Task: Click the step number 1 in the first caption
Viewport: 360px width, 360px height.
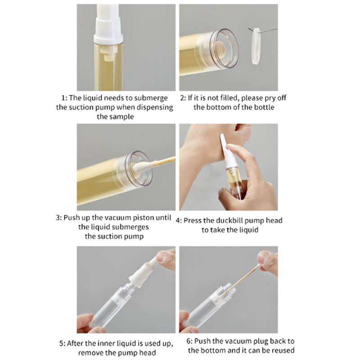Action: click(63, 98)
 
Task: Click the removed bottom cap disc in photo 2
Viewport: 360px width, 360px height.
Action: click(256, 46)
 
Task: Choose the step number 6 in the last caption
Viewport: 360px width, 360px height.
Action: click(189, 341)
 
